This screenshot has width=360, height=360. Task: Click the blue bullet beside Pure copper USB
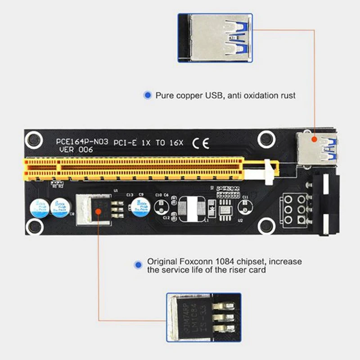coord(147,95)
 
